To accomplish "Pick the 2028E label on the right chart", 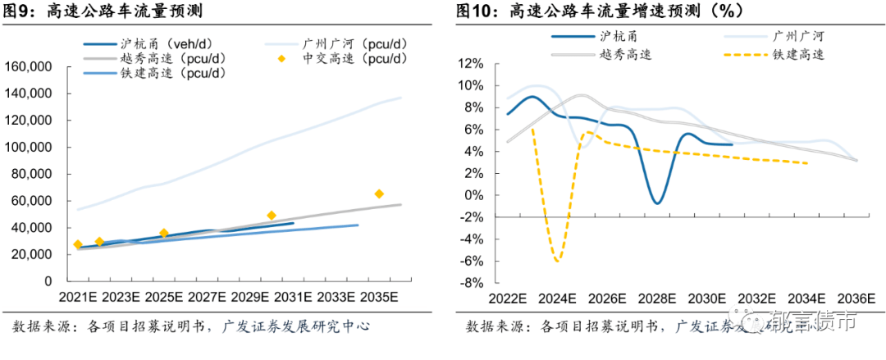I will click(x=657, y=297).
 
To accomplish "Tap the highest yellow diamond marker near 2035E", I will click(x=379, y=194).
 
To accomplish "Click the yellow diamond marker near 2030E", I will click(x=272, y=216).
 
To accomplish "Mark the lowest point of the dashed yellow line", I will click(x=558, y=261).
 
